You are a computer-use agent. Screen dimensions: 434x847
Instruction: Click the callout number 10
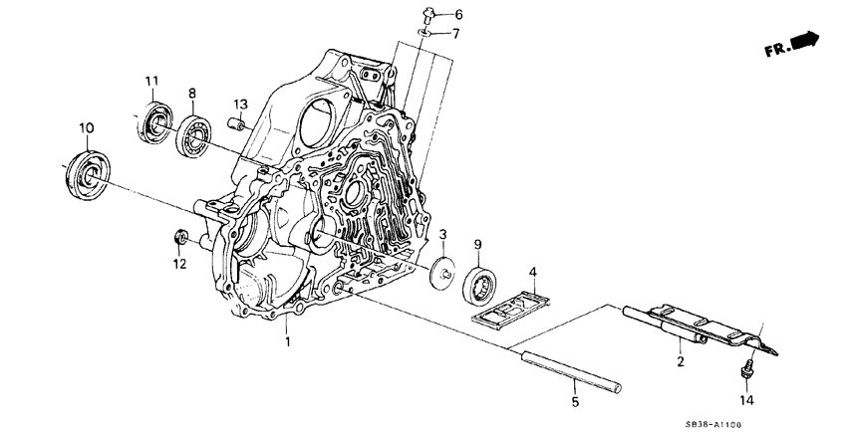click(86, 127)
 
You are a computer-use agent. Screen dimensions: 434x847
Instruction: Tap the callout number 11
click(150, 81)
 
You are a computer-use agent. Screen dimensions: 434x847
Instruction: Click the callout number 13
click(239, 105)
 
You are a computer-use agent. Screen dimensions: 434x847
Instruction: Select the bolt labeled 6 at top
click(425, 13)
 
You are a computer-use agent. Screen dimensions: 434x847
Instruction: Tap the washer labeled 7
click(423, 34)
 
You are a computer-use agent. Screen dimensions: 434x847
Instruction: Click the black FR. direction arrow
click(803, 40)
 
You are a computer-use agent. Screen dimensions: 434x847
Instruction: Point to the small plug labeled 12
click(181, 237)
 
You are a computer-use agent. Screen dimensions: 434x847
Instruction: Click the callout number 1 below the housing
click(288, 342)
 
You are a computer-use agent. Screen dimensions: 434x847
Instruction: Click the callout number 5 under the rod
click(574, 402)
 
